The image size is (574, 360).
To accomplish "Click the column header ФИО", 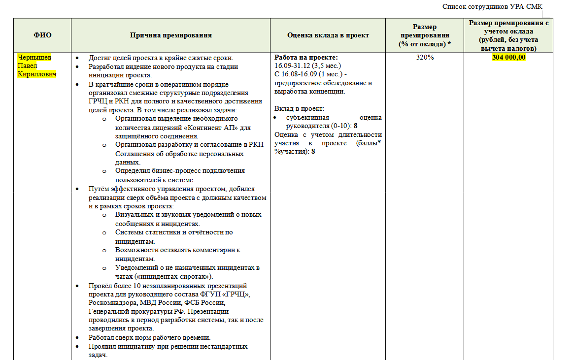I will [x=42, y=35].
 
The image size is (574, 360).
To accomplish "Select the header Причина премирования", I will [x=171, y=35].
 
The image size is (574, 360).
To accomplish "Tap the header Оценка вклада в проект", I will [x=328, y=35].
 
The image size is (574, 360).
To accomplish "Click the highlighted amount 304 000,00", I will [x=508, y=58].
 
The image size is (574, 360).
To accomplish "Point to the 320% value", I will [x=425, y=58].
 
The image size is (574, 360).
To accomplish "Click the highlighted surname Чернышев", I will [x=34, y=58].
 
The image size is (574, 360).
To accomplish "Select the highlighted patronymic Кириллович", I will [x=37, y=74].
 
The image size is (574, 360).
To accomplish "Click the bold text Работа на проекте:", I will [x=306, y=57].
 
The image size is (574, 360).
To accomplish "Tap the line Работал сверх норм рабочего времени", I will [x=149, y=338].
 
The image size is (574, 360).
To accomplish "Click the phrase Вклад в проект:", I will [x=299, y=109].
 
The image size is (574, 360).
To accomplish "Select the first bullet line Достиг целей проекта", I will [x=161, y=58].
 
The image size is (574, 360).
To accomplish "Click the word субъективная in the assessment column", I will [x=307, y=118].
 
